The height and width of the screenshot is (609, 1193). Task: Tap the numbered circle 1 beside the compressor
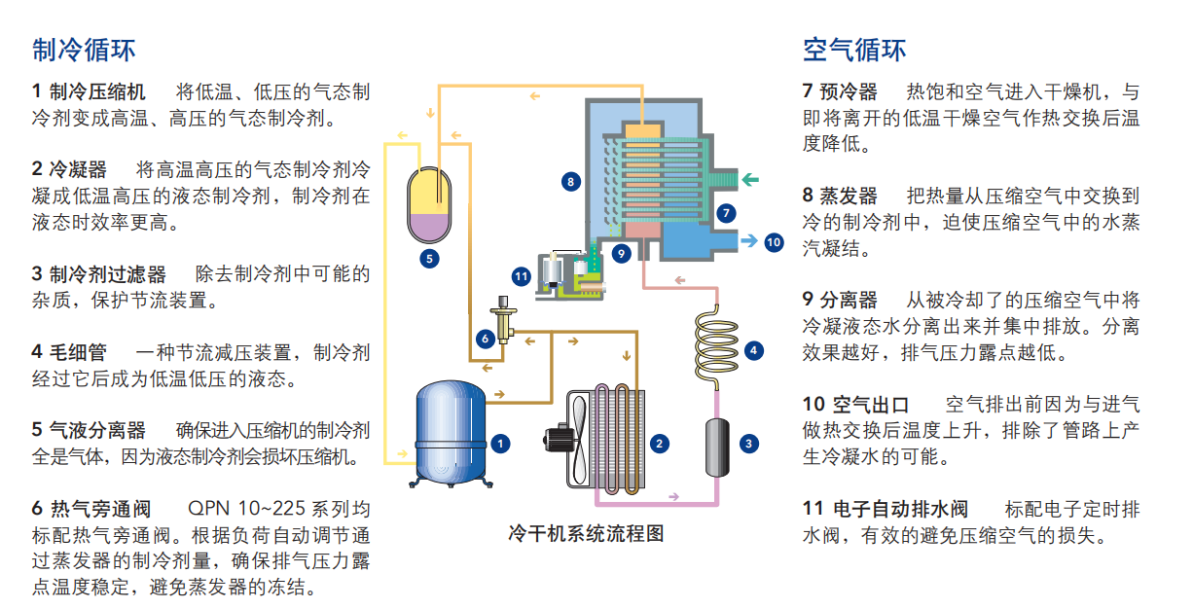(500, 444)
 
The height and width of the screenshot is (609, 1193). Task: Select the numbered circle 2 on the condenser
(660, 444)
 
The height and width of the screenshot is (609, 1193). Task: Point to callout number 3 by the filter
(748, 444)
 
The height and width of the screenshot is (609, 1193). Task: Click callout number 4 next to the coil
(751, 350)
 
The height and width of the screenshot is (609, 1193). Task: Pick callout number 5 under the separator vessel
(429, 259)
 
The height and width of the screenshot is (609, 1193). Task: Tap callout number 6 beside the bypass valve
(484, 339)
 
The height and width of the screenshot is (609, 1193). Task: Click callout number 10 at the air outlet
(774, 241)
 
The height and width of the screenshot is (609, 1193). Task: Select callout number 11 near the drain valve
(521, 276)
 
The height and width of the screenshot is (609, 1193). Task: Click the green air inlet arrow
(752, 179)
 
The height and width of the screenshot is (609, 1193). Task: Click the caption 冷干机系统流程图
(586, 532)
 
